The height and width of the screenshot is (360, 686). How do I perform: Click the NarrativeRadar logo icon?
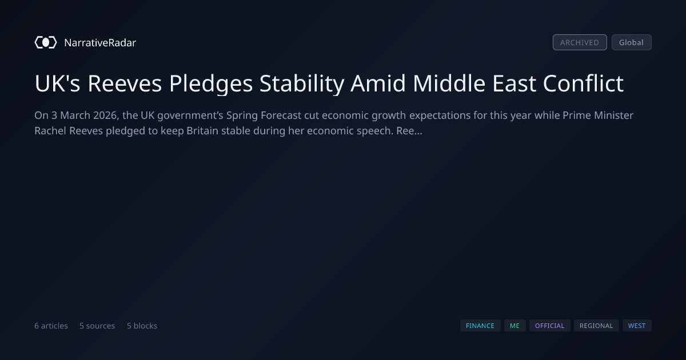(x=46, y=42)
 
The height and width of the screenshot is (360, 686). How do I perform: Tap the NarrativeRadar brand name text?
(x=100, y=42)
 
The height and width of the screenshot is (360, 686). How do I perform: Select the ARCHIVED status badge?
(x=580, y=42)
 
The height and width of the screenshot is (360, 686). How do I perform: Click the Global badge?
(x=632, y=42)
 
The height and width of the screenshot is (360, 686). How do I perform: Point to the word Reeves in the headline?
(x=125, y=83)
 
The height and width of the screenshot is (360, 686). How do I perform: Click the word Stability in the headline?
(x=302, y=84)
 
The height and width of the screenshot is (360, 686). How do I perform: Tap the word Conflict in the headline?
(x=583, y=83)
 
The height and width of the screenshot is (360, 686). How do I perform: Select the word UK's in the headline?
(x=57, y=83)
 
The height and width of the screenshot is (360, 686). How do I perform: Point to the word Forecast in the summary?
(x=281, y=115)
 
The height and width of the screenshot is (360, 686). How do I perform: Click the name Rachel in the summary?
(x=50, y=131)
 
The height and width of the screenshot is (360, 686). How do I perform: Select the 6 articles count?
(x=51, y=326)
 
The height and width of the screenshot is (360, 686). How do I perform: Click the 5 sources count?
(x=97, y=326)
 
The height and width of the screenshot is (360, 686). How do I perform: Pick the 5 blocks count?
(x=142, y=326)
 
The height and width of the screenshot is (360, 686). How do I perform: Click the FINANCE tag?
(x=480, y=326)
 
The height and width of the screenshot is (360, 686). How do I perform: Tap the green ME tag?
(x=515, y=326)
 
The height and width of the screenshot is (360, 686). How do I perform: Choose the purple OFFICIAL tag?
(x=550, y=326)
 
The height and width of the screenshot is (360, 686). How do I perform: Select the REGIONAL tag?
(x=596, y=326)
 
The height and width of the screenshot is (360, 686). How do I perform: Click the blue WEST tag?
(x=637, y=326)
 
